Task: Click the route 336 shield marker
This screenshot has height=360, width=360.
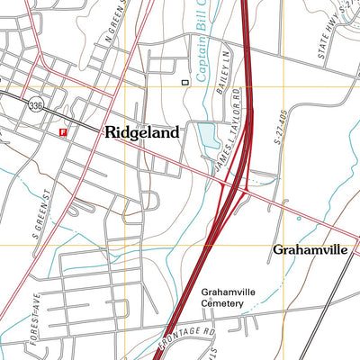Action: [34, 103]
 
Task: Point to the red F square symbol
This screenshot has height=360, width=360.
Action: [62, 133]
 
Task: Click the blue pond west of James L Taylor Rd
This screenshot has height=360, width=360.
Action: [207, 137]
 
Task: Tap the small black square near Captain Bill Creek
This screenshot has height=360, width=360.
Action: [185, 82]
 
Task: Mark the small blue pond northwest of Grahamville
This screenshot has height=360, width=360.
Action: [298, 218]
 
